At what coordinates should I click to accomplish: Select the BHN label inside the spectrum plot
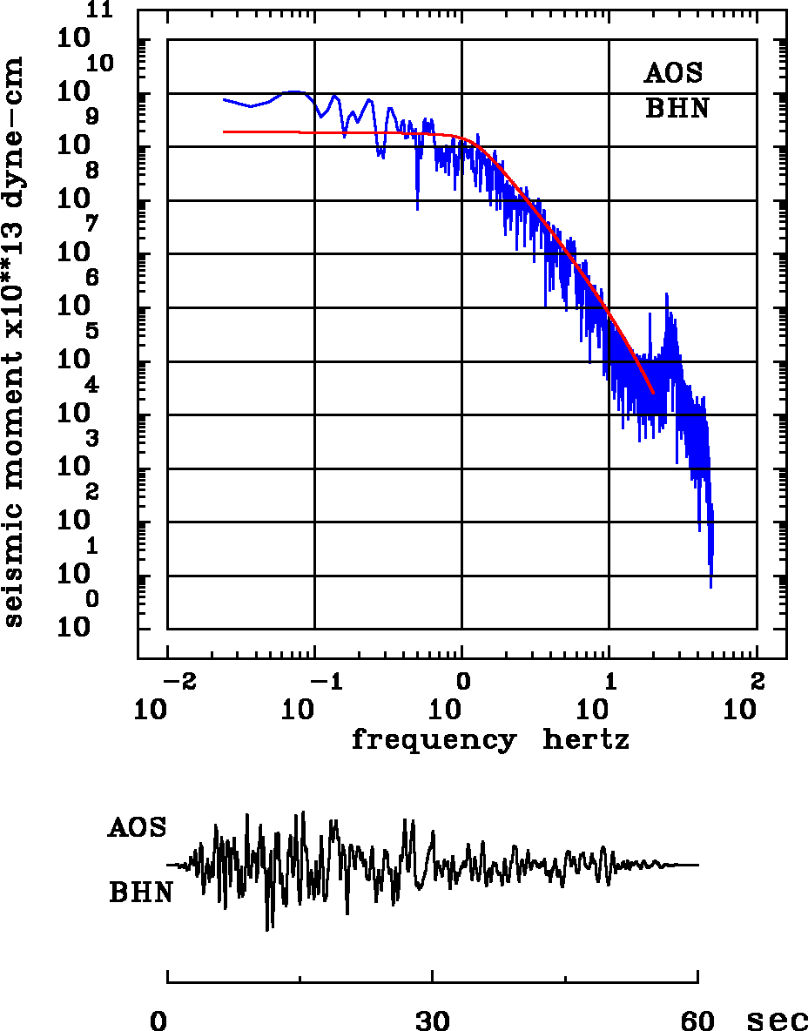(677, 109)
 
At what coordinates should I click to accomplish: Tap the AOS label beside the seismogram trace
(137, 827)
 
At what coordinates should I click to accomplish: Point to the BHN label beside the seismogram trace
(139, 893)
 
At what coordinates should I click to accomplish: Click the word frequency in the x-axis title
(433, 741)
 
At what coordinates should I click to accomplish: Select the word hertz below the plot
(585, 740)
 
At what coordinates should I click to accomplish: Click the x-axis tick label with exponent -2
(166, 696)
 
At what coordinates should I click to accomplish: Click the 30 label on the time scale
(432, 1021)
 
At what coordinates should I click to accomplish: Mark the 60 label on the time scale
(697, 1021)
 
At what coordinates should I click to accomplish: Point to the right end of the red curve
(653, 394)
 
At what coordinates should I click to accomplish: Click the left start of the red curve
(224, 131)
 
